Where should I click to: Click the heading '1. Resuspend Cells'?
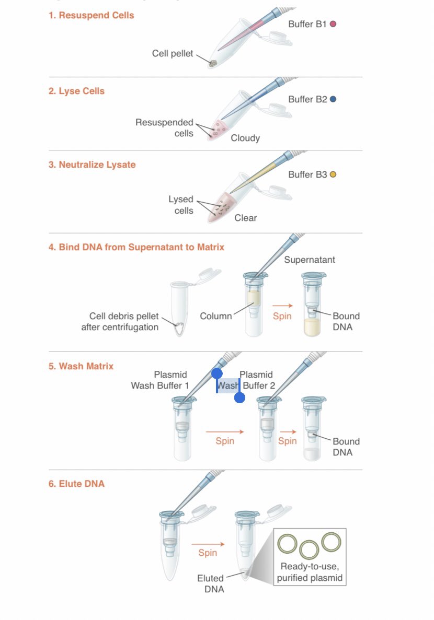91,15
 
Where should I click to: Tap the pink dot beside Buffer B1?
333,24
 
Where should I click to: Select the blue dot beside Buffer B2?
333,99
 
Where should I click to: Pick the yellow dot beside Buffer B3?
333,174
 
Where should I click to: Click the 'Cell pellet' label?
173,53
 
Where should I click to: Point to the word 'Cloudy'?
245,138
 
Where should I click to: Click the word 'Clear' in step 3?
245,218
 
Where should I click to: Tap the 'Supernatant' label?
310,260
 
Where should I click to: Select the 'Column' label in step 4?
215,316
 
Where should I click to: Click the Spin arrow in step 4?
282,306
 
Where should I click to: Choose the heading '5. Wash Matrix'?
81,366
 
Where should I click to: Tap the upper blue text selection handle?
217,374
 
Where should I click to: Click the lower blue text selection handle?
239,398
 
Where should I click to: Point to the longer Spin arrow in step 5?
225,432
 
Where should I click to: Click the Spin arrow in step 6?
208,544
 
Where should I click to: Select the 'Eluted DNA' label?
210,583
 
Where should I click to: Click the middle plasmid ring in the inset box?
309,549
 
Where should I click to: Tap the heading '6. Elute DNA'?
76,484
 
